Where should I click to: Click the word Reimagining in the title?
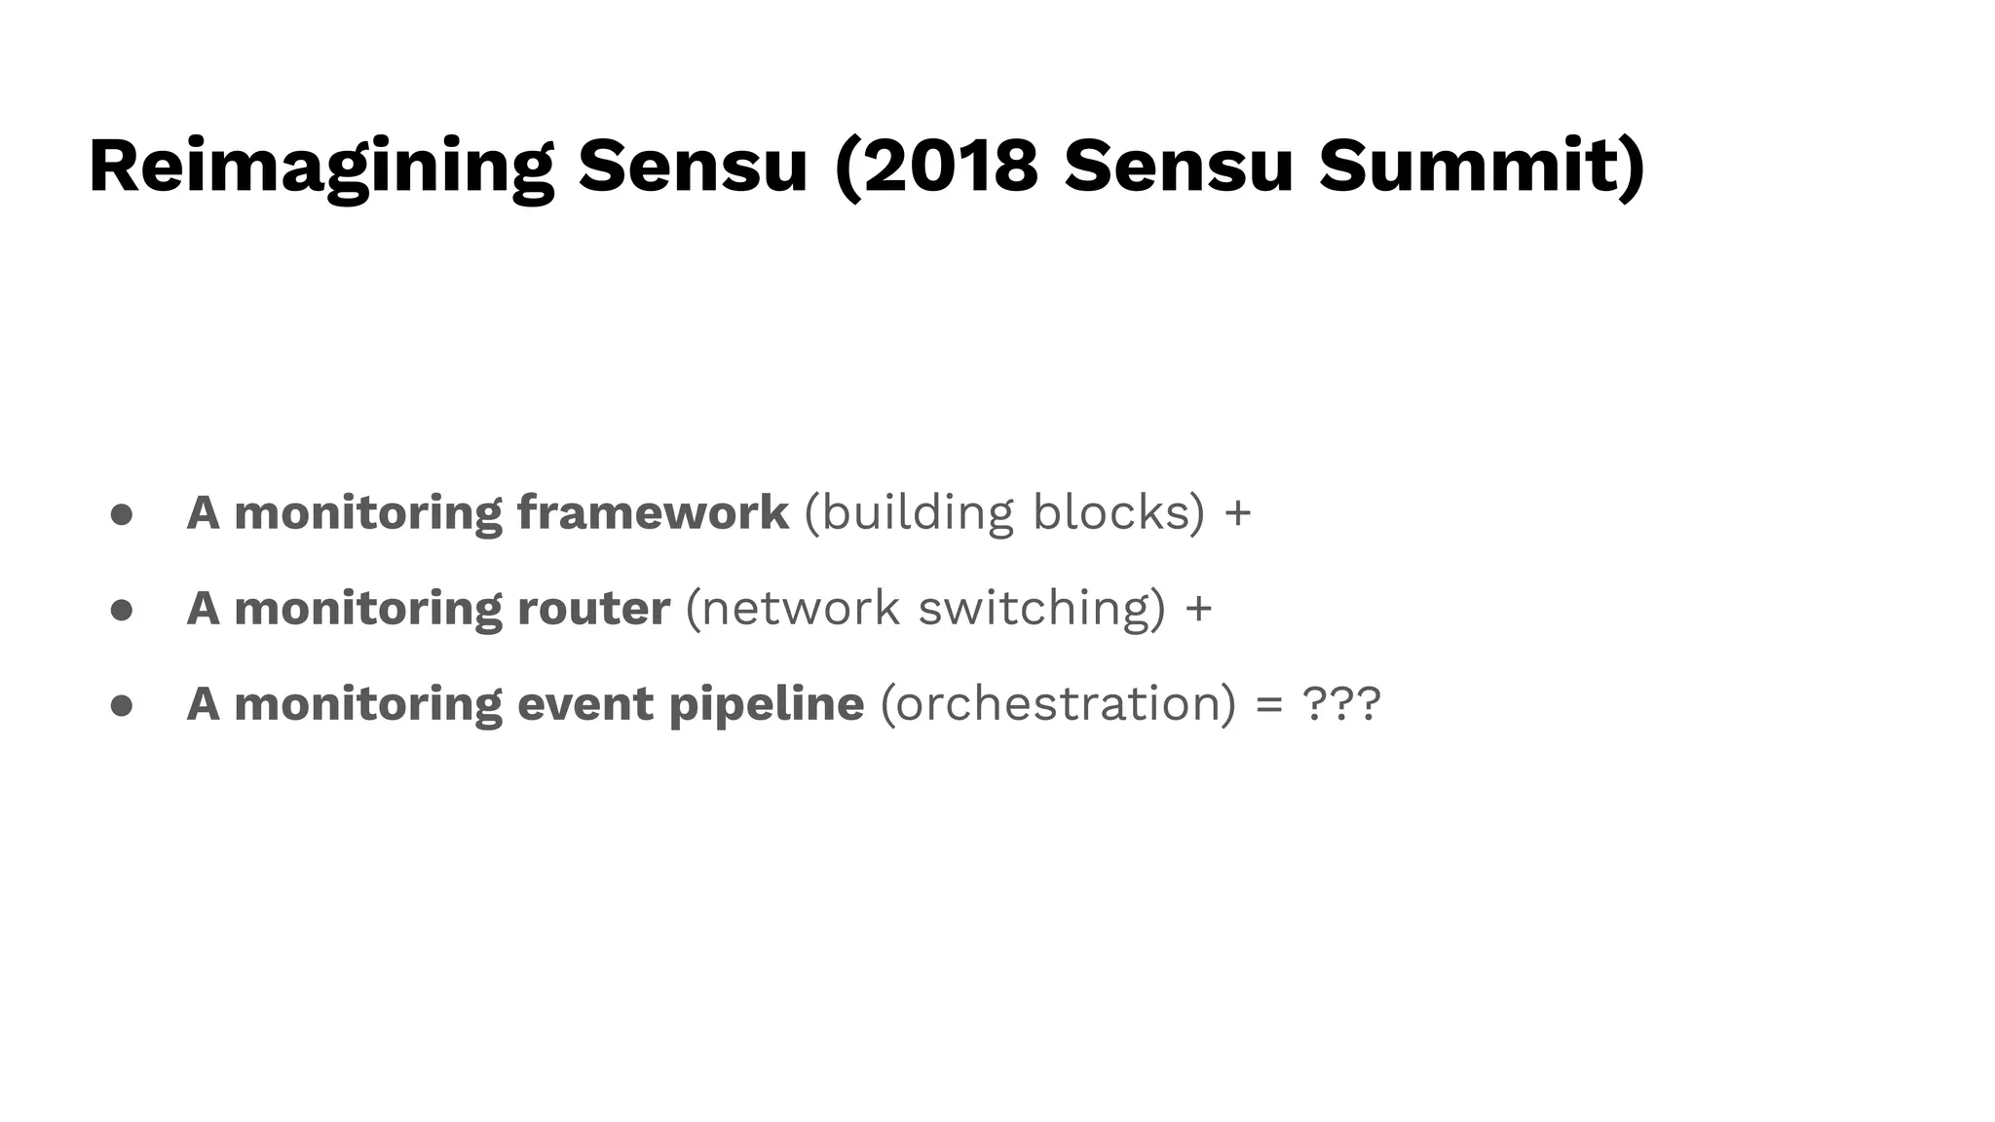point(321,166)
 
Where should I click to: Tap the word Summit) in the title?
point(1482,166)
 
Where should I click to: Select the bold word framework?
point(653,512)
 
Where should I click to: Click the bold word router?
point(593,608)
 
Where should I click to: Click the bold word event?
point(584,703)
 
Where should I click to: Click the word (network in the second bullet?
point(792,608)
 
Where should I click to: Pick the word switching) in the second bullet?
point(1041,608)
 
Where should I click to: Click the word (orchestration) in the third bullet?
point(1058,703)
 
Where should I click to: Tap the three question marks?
point(1341,703)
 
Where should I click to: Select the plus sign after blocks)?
point(1237,514)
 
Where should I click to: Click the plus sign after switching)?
point(1199,610)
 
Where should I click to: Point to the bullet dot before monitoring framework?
point(122,514)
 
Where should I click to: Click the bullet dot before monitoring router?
point(122,610)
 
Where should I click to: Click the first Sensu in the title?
point(693,166)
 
